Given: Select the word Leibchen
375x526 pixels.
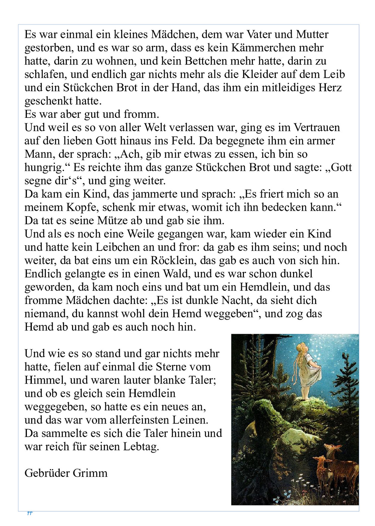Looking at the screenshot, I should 118,247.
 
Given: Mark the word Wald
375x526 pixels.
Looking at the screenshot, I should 177,274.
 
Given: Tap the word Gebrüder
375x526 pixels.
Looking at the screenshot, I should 47,473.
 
